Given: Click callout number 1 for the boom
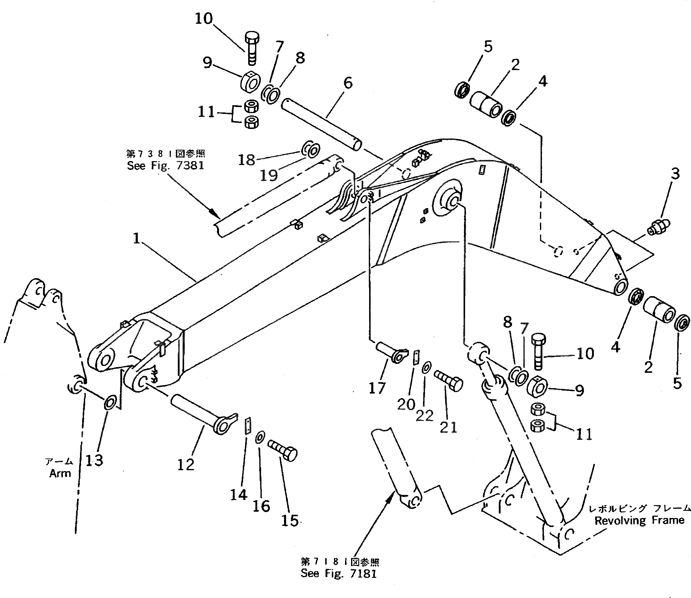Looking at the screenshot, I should tap(137, 238).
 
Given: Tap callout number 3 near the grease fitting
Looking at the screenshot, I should tap(675, 174).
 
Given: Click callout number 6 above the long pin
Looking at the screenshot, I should tap(348, 83).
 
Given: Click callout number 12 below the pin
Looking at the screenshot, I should tap(186, 465).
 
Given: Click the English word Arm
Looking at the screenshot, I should tap(60, 473).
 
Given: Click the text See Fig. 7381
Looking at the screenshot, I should tap(165, 166).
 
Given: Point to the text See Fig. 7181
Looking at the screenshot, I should tap(338, 573).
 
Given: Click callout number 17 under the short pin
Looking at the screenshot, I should tap(377, 388).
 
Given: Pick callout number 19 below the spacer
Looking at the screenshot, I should tap(269, 175).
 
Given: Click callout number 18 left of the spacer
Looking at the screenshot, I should tap(246, 160).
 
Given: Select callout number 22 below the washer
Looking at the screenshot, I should tap(424, 416).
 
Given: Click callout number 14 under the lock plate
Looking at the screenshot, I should tap(238, 495).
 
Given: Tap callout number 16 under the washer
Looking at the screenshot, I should tap(261, 506).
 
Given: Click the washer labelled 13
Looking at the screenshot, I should tap(110, 403).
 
